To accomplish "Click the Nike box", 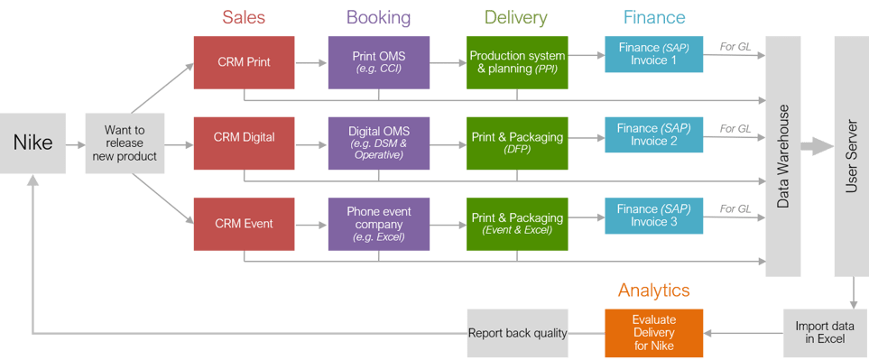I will pos(32,143).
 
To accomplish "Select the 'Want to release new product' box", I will pos(124,143).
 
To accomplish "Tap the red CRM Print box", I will pos(244,62).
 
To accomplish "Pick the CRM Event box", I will pos(244,224).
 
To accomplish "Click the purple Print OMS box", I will pos(379,62).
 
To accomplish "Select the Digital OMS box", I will pos(379,143).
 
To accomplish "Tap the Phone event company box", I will pos(379,224).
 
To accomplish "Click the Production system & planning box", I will pos(516,62).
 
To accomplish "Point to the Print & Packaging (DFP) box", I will pos(516,143).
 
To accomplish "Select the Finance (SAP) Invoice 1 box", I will pos(653,54).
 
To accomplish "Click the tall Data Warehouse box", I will pos(782,156).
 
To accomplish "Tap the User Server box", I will pos(850,156).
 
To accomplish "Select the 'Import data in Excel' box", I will pos(825,333).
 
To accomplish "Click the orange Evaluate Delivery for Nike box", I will pos(653,333).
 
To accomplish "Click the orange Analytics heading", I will pos(653,291).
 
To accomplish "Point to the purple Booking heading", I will pos(379,18).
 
